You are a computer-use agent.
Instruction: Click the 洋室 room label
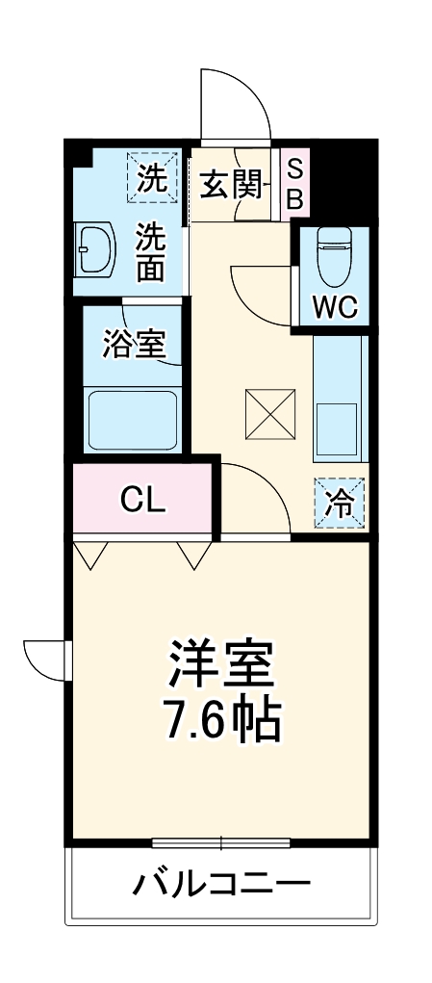[x=222, y=662]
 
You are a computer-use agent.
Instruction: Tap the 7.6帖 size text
[x=222, y=719]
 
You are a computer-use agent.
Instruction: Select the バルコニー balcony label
[x=221, y=882]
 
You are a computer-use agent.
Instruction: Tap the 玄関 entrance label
[x=231, y=183]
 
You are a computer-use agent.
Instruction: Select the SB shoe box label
[x=295, y=184]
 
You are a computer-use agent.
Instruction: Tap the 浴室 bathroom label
[x=134, y=345]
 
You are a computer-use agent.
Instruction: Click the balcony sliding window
[x=220, y=844]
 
